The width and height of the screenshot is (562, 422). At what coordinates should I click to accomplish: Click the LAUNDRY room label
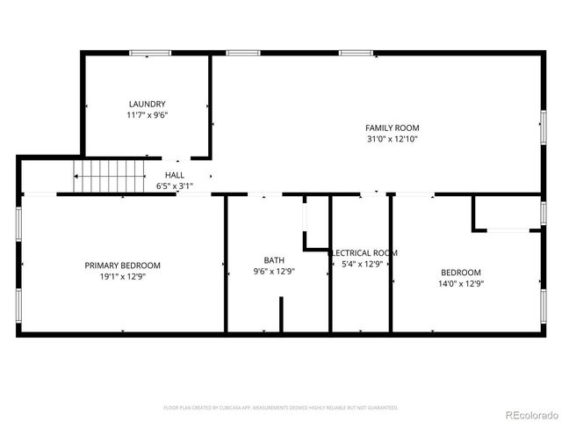tap(147, 104)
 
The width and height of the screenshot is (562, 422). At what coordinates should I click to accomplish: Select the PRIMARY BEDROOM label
tap(123, 266)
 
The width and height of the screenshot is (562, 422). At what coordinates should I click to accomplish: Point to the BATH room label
tap(274, 260)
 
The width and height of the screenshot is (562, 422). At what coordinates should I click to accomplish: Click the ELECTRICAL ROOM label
tap(364, 252)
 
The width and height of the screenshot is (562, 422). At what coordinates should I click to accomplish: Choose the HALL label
tap(174, 175)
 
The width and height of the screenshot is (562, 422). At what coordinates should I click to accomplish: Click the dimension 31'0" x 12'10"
tap(393, 139)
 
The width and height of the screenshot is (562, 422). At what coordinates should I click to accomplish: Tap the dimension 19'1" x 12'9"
tap(123, 277)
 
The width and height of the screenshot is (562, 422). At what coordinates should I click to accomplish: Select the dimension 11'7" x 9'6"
tap(147, 115)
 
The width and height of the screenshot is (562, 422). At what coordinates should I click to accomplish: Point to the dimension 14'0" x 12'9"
tap(461, 283)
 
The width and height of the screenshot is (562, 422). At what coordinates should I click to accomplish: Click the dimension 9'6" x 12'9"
tap(274, 272)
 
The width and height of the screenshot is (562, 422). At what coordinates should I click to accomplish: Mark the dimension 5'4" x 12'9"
tap(362, 264)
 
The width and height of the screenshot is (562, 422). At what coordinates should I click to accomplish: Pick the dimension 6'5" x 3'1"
tap(174, 186)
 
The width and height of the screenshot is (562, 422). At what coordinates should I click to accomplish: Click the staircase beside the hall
tap(109, 177)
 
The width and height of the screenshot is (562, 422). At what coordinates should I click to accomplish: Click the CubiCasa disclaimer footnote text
tap(281, 408)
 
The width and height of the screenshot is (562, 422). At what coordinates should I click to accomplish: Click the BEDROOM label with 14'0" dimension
tap(461, 272)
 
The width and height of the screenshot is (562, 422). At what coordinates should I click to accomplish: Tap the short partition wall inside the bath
tap(281, 315)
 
